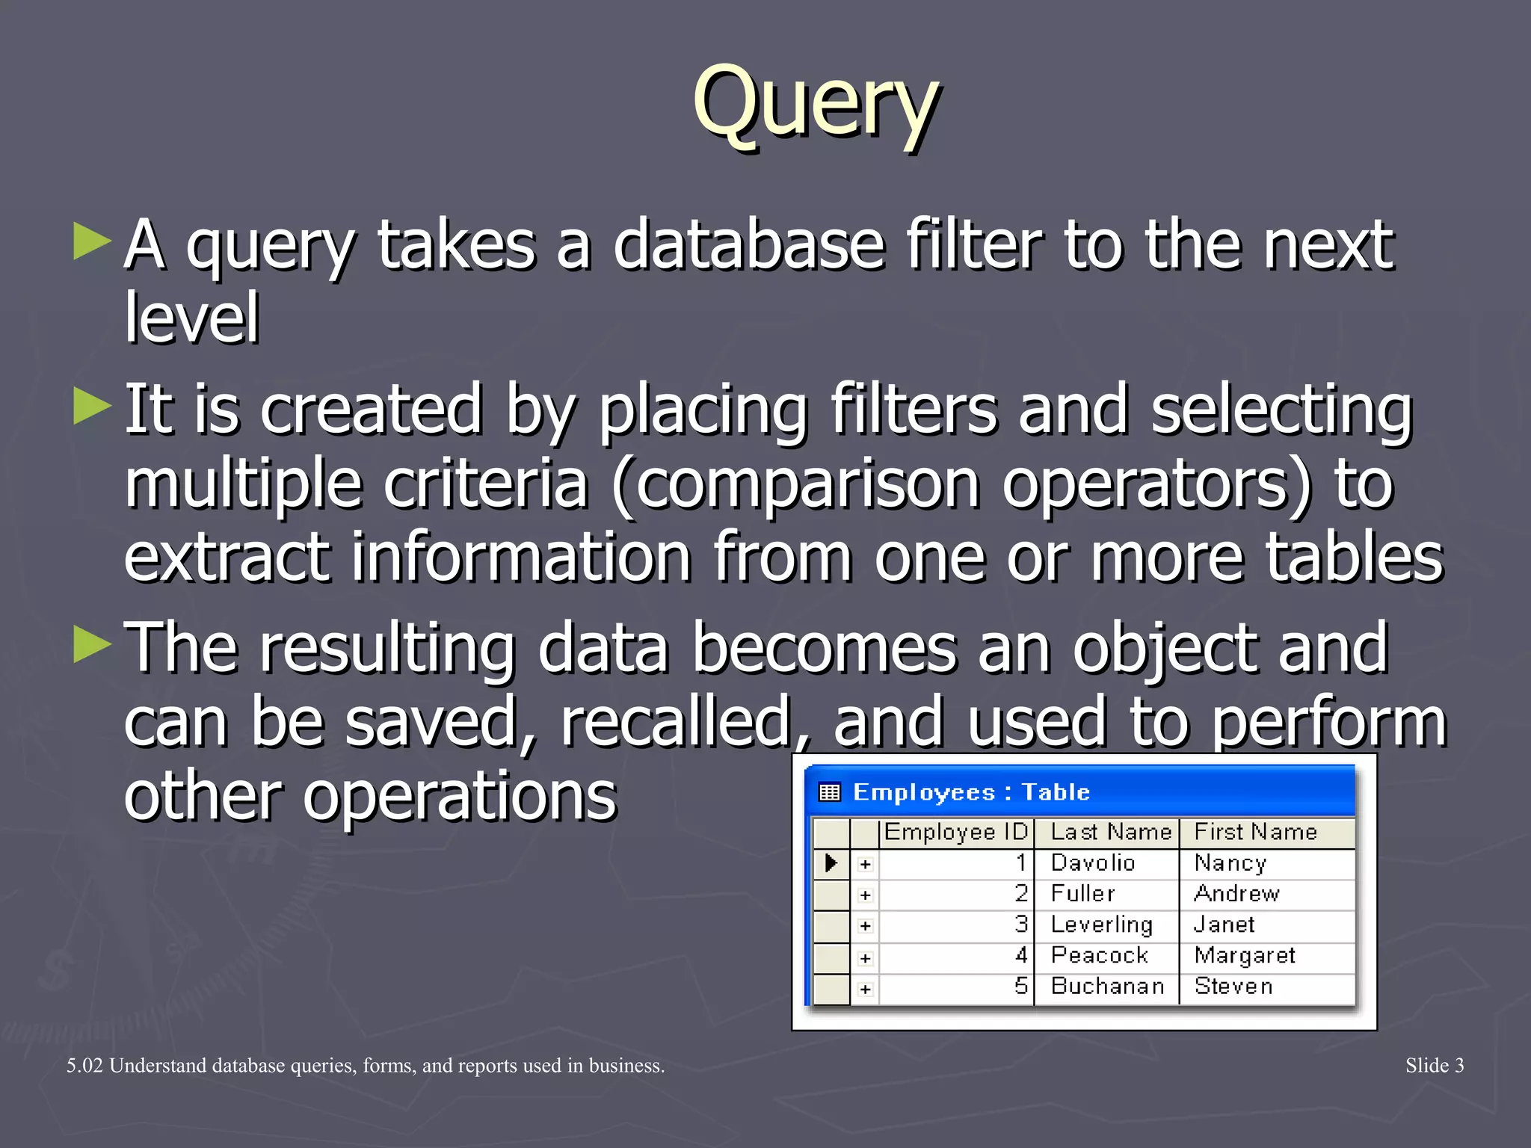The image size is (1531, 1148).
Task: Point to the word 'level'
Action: (x=191, y=318)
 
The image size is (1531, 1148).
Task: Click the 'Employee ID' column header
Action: (x=955, y=832)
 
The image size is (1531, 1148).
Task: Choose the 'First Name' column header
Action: (x=1255, y=832)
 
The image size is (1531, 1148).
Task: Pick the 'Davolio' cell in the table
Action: (x=1092, y=863)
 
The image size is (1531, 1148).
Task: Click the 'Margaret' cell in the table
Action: (x=1245, y=955)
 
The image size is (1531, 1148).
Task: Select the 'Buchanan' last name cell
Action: (x=1107, y=987)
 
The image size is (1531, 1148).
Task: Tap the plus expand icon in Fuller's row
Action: (x=866, y=895)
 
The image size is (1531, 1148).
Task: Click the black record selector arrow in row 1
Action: (x=831, y=863)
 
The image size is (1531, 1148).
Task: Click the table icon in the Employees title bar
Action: (x=830, y=792)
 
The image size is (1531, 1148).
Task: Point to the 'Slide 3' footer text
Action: (x=1434, y=1065)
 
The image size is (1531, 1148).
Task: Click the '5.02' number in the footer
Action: (x=84, y=1066)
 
